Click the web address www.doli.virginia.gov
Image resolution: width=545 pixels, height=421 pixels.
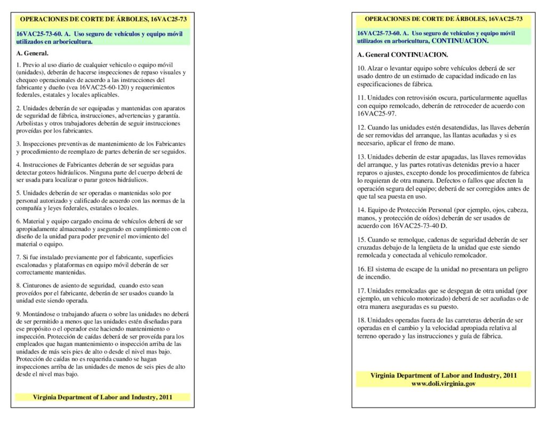[x=443, y=383]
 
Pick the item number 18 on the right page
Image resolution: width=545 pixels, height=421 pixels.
[x=361, y=320]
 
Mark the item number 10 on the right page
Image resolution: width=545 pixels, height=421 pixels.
[x=361, y=68]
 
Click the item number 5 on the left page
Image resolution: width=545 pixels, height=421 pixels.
[x=19, y=193]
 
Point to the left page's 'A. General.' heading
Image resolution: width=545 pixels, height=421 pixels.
[x=32, y=53]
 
